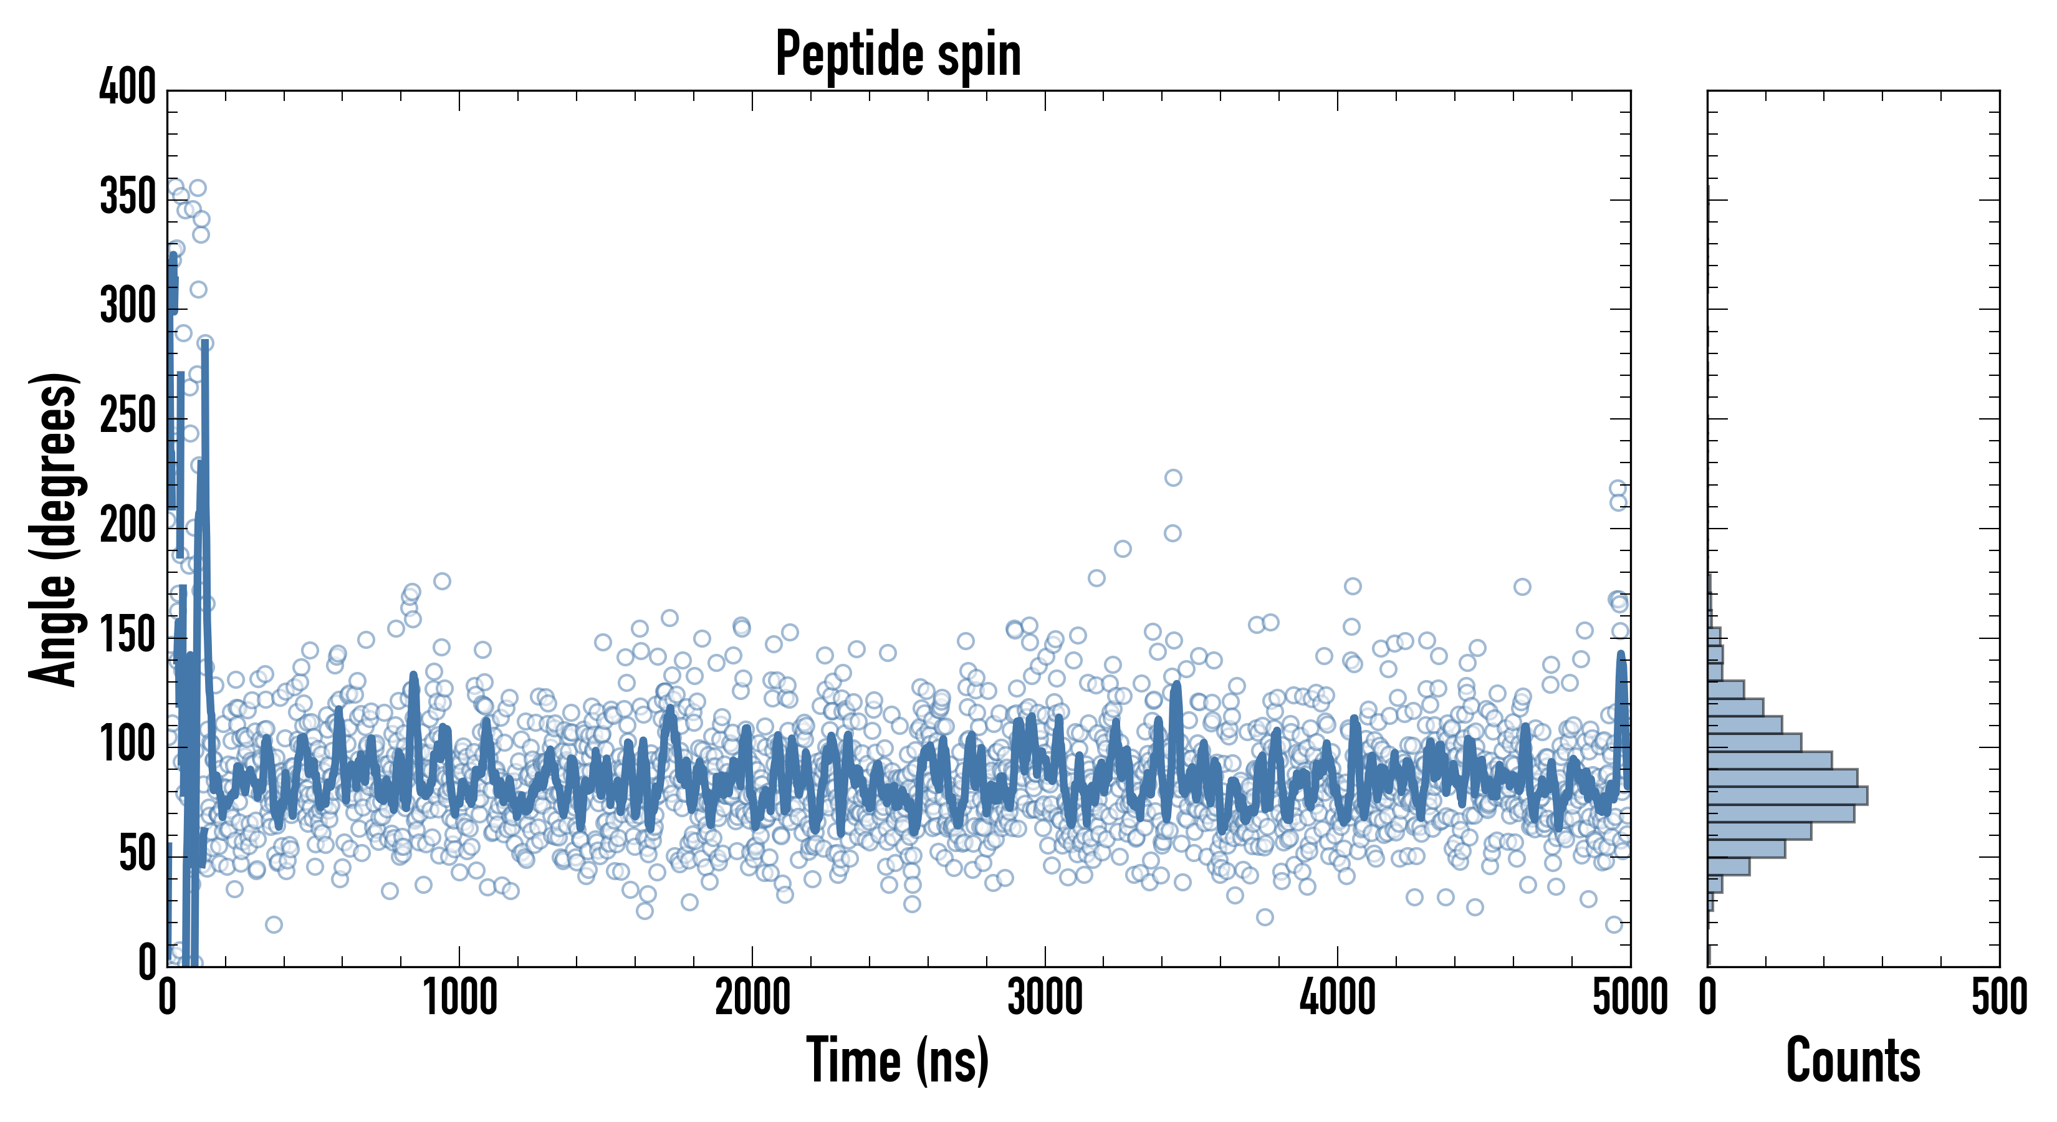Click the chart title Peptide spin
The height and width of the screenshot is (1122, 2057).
tap(898, 54)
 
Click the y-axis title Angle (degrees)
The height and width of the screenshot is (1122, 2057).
tap(54, 529)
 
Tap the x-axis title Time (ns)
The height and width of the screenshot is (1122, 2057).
tap(898, 1060)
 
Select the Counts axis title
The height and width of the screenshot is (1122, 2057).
tap(1853, 1060)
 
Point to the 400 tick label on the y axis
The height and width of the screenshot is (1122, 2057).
tap(128, 86)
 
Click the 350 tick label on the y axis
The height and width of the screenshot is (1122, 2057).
tap(128, 196)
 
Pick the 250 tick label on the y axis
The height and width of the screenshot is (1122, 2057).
tap(128, 415)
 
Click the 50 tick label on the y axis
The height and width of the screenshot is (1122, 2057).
tap(137, 854)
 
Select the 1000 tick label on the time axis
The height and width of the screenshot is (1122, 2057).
tap(460, 997)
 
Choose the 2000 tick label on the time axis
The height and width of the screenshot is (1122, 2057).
tap(752, 997)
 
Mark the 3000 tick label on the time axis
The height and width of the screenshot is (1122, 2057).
tap(1045, 997)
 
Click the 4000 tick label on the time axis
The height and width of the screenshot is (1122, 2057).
tap(1338, 997)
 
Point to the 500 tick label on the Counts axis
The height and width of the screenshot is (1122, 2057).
tap(1998, 997)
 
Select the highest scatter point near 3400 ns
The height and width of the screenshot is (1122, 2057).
tap(1173, 477)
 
